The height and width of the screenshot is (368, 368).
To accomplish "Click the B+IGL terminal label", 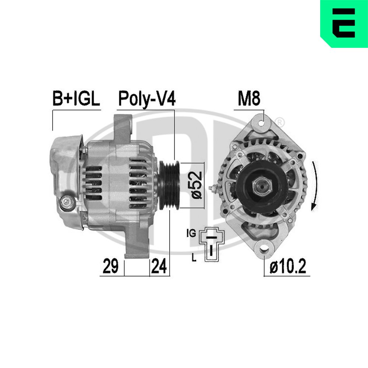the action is click(76, 98).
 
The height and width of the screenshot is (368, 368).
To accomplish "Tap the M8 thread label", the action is click(249, 99).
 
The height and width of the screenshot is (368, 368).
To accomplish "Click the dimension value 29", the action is click(110, 266).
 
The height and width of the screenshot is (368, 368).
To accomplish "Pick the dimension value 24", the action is click(159, 266).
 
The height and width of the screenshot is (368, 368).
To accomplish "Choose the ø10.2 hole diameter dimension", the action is click(288, 266).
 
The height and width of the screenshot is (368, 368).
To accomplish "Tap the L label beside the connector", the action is click(194, 258).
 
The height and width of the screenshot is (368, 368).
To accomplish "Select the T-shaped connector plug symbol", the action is click(212, 244).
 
